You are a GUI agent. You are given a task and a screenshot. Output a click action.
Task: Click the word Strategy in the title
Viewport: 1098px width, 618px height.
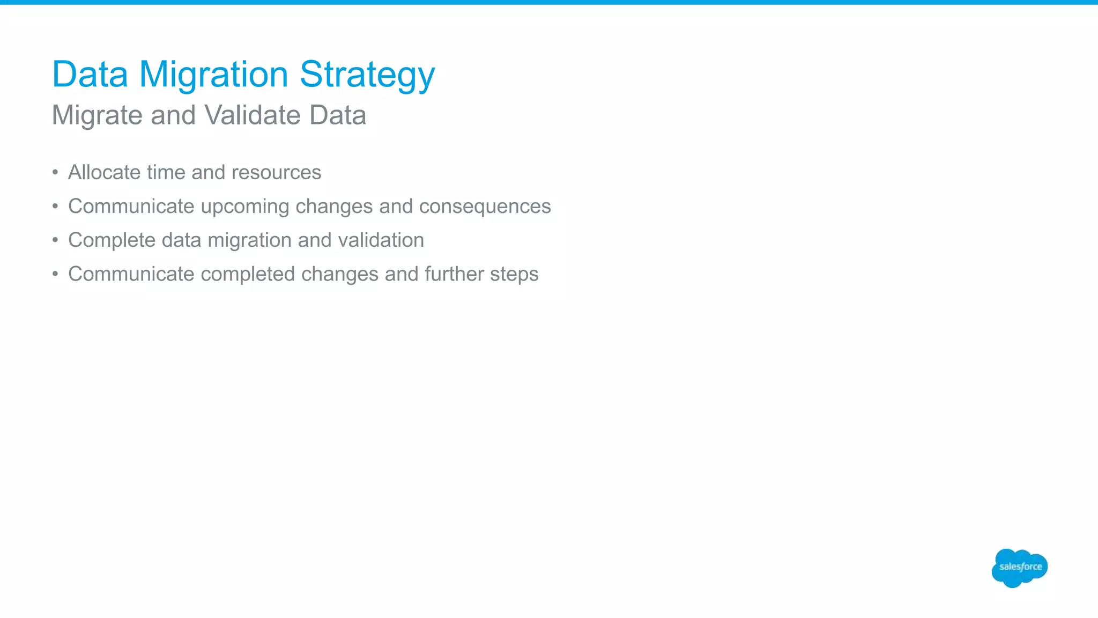point(367,75)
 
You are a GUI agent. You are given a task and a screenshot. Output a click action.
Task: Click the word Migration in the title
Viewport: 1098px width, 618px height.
point(213,75)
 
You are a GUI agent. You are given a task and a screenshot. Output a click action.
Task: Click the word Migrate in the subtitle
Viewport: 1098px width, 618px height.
point(97,116)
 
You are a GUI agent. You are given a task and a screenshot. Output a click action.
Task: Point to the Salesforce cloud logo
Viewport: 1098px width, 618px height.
point(1019,568)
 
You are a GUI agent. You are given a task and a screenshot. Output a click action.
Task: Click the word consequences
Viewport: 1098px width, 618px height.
point(485,207)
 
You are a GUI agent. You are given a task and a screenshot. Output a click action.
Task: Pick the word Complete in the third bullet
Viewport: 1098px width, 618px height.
point(112,240)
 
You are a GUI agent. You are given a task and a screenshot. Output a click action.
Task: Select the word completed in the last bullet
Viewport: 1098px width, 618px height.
point(248,274)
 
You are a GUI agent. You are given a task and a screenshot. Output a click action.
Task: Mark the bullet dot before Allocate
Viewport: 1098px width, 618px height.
point(55,173)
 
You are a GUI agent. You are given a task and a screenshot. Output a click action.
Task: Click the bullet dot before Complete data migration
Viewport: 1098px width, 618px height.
point(55,240)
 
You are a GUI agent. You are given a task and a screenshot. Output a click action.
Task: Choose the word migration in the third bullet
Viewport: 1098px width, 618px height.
point(249,240)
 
